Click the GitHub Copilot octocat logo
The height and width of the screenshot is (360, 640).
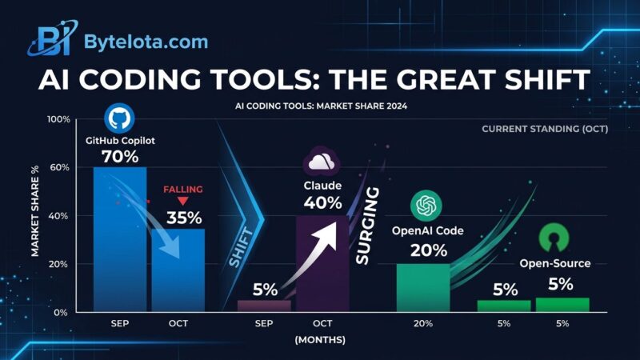(x=119, y=118)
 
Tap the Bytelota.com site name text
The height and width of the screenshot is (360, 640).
(x=146, y=42)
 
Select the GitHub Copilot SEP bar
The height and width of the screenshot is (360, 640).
(x=120, y=239)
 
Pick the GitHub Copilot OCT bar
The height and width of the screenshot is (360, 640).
(x=178, y=270)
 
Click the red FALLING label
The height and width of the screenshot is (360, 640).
(x=183, y=190)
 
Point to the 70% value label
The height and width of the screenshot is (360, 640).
(x=120, y=157)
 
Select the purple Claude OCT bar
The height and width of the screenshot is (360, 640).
(x=322, y=264)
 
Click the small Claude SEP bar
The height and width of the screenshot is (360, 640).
(x=264, y=306)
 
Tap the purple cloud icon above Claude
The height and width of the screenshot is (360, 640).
(x=322, y=162)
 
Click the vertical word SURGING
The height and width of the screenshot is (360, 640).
(x=367, y=226)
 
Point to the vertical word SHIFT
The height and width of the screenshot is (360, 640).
(x=241, y=248)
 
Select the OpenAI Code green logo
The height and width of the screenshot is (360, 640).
(x=426, y=206)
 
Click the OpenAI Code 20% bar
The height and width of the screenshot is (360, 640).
(x=423, y=288)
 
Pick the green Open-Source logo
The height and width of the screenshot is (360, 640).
(x=554, y=238)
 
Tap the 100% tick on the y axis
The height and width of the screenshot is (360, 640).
(x=59, y=119)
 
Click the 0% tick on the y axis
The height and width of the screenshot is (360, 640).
(x=60, y=313)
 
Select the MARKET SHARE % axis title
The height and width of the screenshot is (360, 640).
(x=35, y=211)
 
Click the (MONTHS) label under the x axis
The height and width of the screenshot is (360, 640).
(x=320, y=339)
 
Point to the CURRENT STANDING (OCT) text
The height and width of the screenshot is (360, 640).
(x=545, y=129)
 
